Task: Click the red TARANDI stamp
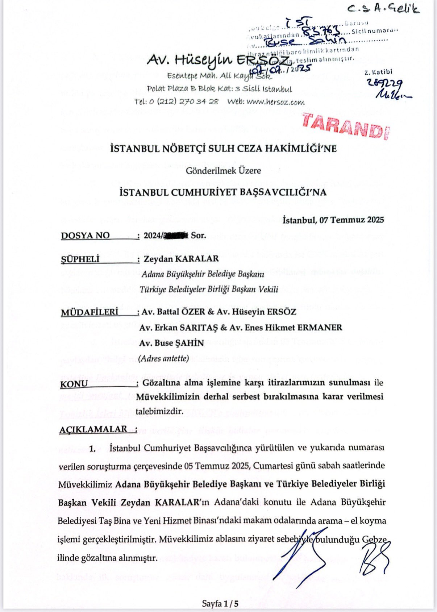pos(343,125)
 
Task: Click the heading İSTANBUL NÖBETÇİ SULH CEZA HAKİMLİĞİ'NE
pos(223,149)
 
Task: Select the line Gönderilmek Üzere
pos(223,170)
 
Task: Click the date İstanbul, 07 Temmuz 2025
pos(333,220)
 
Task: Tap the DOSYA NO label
pos(85,236)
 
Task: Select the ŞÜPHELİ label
pos(80,259)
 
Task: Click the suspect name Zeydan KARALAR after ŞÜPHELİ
pos(181,259)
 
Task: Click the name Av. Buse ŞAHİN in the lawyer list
pos(172,343)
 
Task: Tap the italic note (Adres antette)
pos(165,358)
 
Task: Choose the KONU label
pos(74,384)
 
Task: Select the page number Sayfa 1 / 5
pos(220,604)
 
